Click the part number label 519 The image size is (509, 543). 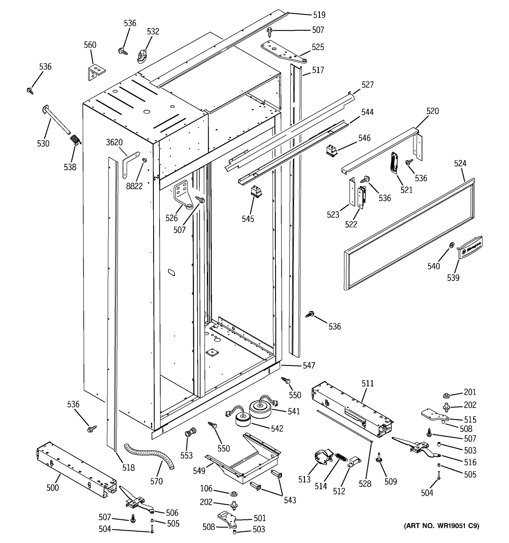[x=319, y=15]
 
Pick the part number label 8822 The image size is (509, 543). [x=134, y=186]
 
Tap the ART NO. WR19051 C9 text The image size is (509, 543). [x=441, y=526]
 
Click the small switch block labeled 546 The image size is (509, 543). [x=332, y=151]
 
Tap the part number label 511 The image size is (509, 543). [x=368, y=383]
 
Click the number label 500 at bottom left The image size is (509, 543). [x=52, y=488]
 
